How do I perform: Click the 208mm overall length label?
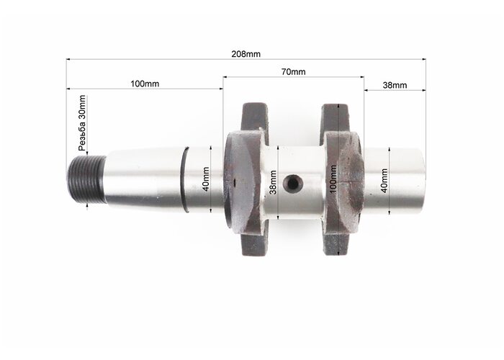[246, 54]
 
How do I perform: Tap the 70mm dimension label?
[294, 71]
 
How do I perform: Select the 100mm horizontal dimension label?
[145, 84]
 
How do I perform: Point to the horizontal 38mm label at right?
[395, 85]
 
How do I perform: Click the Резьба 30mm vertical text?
[82, 123]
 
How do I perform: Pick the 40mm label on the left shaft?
[206, 179]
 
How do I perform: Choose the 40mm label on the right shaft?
[384, 181]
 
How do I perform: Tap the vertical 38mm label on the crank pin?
[273, 182]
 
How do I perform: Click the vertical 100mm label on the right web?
[333, 179]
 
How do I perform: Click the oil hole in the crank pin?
[293, 183]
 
